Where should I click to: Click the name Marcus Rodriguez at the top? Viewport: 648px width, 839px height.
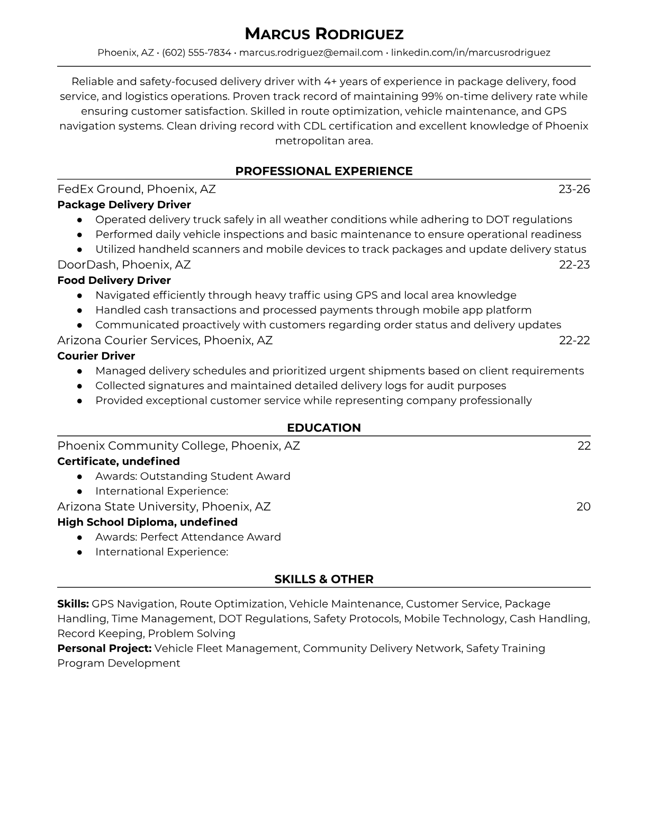[x=323, y=34]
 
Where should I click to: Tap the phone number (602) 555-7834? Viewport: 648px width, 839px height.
[x=196, y=52]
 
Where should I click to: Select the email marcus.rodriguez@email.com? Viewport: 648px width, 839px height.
[x=311, y=52]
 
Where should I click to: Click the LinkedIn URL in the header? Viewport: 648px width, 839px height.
[x=471, y=52]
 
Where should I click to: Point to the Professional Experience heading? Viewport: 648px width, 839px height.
[x=323, y=171]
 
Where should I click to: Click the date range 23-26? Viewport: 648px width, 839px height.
[x=574, y=189]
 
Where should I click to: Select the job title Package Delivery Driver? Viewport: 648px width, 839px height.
[x=124, y=204]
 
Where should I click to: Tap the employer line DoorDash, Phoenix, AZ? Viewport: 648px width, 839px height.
[x=124, y=265]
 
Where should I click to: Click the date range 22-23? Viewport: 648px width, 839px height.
[x=574, y=265]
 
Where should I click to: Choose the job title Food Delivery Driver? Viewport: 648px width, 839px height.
[x=114, y=280]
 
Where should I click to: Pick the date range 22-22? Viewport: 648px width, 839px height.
[x=574, y=340]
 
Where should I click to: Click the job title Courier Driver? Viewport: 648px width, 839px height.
[x=96, y=356]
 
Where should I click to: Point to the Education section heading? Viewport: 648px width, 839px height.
[x=323, y=428]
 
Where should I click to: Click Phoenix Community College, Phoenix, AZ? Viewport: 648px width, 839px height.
[x=178, y=446]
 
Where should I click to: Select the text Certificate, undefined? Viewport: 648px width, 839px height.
[x=119, y=461]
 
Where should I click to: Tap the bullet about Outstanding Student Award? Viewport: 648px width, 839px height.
[x=193, y=476]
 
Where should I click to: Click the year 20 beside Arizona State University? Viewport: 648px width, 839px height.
[x=583, y=507]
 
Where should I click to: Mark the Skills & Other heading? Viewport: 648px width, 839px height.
[x=323, y=579]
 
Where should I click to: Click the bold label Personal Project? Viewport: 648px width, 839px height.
[x=104, y=648]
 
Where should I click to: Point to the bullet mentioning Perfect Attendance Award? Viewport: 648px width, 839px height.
[x=188, y=537]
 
